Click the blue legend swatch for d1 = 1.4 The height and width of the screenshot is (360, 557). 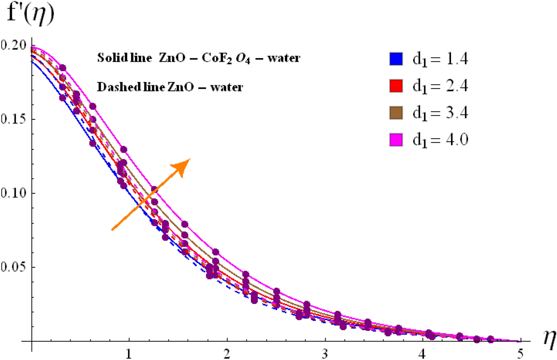pos(396,59)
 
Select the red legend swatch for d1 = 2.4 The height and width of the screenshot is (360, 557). pos(396,86)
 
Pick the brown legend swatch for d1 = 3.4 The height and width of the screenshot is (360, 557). pos(396,113)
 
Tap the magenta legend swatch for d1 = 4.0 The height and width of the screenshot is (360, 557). pos(396,140)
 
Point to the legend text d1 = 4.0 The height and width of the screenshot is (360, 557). pos(440,140)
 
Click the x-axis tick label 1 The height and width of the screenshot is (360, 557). pos(129,354)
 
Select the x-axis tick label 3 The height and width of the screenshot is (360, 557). pos(325,354)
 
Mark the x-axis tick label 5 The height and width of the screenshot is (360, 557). pos(520,354)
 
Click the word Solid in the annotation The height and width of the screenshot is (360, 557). pos(110,58)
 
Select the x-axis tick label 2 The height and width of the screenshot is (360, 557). pos(227,354)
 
